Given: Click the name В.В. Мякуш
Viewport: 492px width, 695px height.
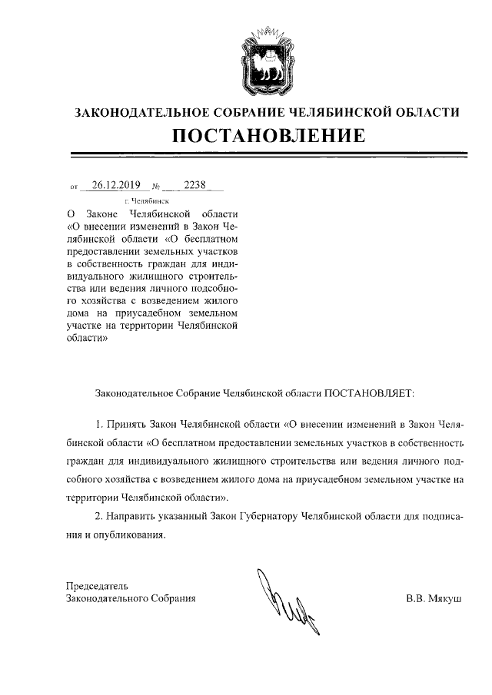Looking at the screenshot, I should click(x=434, y=597).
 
